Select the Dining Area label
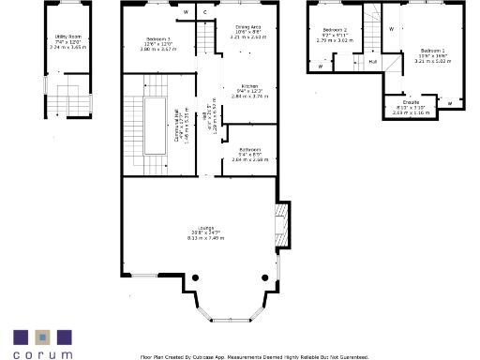click(248, 27)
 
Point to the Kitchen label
click(248, 84)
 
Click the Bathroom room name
click(249, 149)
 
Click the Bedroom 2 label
click(334, 30)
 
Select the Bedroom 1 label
click(433, 50)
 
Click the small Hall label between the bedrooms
click(373, 62)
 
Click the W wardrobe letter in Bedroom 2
click(321, 67)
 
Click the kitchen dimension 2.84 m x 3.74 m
click(248, 96)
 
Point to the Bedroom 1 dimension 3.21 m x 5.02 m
click(433, 61)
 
